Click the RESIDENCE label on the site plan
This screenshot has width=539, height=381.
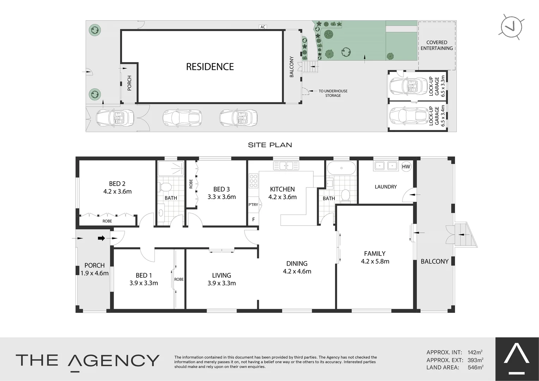[x=210, y=67]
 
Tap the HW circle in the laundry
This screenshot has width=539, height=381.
[x=406, y=167]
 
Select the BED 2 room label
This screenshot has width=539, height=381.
[x=117, y=184]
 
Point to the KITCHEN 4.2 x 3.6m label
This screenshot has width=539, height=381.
[x=282, y=193]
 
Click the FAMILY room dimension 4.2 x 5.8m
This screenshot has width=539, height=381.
[x=375, y=261]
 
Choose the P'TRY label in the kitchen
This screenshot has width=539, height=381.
[x=253, y=205]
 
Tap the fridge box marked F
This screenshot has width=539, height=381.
[x=253, y=219]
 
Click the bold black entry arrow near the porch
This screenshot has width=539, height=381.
[x=101, y=238]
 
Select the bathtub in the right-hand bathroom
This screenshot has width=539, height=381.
[x=341, y=169]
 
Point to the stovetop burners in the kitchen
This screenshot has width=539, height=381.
[x=253, y=181]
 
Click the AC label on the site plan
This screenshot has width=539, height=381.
[x=262, y=27]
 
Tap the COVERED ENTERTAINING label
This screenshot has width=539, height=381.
[x=436, y=45]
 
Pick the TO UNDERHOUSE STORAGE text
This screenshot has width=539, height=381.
[x=333, y=93]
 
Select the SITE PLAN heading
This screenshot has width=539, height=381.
[x=270, y=145]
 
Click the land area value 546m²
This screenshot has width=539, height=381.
[x=475, y=367]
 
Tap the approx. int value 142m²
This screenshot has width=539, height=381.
[x=475, y=352]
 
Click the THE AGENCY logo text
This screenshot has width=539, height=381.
[x=87, y=361]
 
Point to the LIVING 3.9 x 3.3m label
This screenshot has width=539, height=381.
[x=222, y=279]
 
